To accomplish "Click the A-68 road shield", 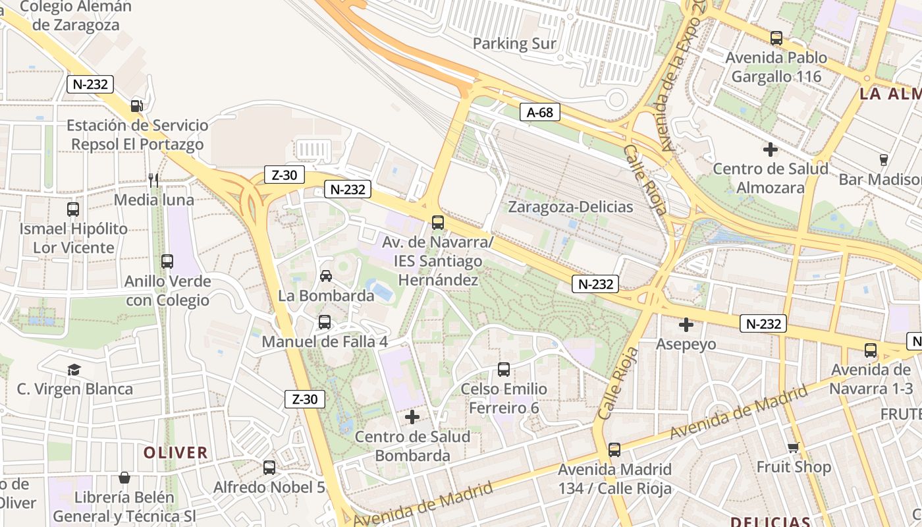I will click(539, 113).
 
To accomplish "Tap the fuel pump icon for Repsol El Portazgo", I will click(136, 105).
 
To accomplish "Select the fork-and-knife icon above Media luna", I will click(153, 180).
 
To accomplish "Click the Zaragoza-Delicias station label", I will click(570, 207).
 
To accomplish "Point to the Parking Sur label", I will click(514, 44).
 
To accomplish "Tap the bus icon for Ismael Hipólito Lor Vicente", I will click(73, 209).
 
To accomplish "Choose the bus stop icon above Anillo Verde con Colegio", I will click(167, 262).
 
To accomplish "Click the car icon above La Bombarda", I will click(325, 275).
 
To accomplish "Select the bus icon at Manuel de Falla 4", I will click(325, 322).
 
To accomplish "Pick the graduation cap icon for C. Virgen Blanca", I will click(74, 370).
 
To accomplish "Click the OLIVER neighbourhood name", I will click(176, 453).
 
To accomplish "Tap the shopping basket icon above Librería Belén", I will click(124, 477).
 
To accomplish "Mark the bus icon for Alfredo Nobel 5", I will click(269, 468).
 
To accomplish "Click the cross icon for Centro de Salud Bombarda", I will click(412, 417).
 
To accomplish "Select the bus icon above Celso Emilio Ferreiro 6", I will click(504, 370).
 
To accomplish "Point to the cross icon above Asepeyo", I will click(686, 325).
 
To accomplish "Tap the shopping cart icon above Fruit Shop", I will click(794, 447).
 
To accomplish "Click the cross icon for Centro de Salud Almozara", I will click(771, 150).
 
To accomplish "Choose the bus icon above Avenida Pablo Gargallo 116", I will click(776, 38).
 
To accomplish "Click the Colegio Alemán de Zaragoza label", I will click(76, 16).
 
